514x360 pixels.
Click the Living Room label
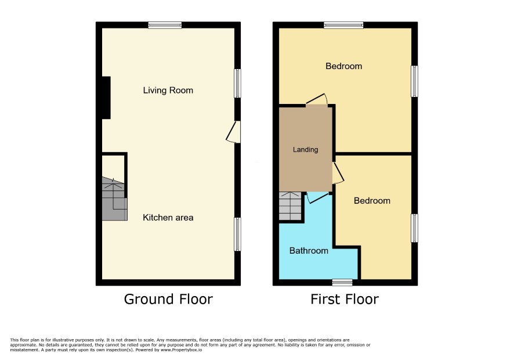click(168, 90)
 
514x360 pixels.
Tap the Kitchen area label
click(168, 218)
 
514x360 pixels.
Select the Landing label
click(305, 150)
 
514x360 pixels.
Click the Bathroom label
click(309, 251)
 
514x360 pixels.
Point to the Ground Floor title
click(168, 299)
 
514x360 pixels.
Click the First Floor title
click(345, 299)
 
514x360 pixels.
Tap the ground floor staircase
click(114, 199)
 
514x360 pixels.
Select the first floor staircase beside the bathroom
click(290, 206)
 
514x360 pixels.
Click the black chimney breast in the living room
click(106, 98)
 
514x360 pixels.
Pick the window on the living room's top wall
click(165, 26)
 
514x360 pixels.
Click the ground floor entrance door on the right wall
click(233, 132)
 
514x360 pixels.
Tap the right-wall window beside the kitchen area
click(237, 235)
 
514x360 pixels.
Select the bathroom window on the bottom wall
click(342, 282)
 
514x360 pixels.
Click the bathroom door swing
click(317, 197)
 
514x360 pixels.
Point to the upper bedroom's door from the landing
click(317, 99)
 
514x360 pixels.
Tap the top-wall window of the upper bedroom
click(343, 26)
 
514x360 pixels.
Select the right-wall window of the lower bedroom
click(414, 228)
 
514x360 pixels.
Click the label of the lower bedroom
click(372, 201)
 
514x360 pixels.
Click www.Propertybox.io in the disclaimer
click(181, 350)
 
